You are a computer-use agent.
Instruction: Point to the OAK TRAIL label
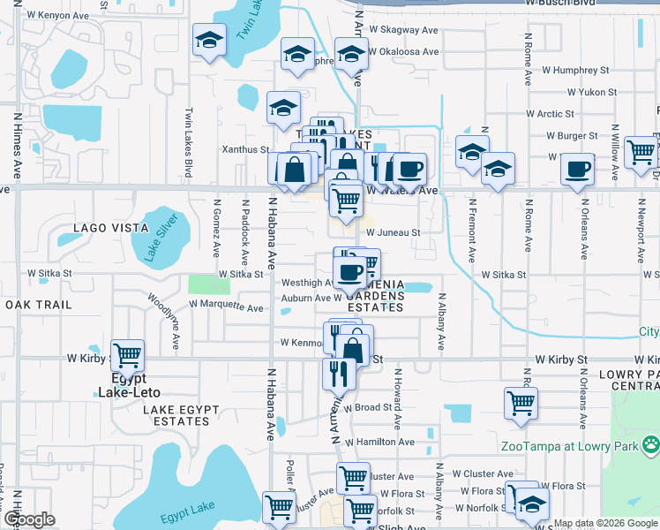[x=38, y=305]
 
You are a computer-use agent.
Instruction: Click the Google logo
[x=29, y=519]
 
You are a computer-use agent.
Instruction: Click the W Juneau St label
[x=392, y=232]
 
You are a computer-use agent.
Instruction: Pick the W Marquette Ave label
[x=227, y=308]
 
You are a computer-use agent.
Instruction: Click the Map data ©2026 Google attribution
[x=605, y=523]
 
